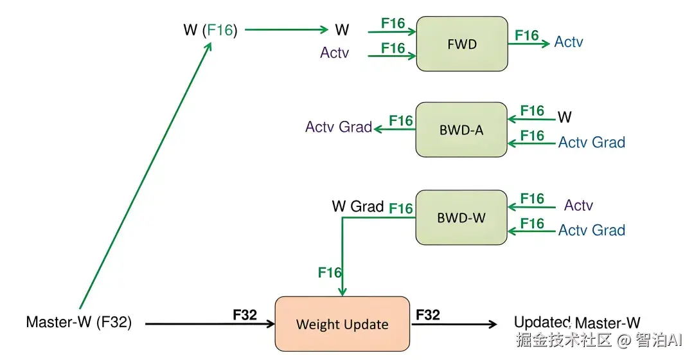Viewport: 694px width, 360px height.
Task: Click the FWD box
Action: [x=462, y=44]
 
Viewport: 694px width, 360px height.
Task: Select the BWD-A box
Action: [x=461, y=130]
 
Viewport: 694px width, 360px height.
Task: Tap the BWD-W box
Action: [x=461, y=217]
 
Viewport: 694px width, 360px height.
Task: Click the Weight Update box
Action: [x=342, y=324]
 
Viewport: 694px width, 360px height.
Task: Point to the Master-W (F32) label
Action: [x=79, y=322]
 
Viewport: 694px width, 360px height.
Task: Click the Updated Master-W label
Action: [x=577, y=322]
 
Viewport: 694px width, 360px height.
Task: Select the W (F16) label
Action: [x=210, y=30]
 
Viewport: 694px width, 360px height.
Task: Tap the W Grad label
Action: [x=358, y=206]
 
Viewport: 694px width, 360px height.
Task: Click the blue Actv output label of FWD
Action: [x=569, y=42]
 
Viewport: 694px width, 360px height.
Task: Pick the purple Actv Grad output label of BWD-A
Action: [x=339, y=127]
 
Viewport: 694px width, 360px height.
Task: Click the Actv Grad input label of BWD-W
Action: [x=592, y=230]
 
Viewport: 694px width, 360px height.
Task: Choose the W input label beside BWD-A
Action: [x=564, y=117]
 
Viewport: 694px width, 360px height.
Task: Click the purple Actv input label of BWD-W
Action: [x=578, y=205]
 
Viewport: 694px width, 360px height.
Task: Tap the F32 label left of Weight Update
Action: [x=245, y=315]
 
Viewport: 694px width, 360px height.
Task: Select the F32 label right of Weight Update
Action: [x=428, y=315]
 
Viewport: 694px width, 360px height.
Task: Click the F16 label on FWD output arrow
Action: [x=527, y=35]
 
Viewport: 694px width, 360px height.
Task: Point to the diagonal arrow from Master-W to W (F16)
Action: [x=145, y=175]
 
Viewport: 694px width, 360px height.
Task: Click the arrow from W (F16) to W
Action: [x=287, y=30]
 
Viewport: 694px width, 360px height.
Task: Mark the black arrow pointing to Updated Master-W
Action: [x=454, y=324]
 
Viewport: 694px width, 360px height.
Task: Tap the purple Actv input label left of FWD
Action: [x=335, y=53]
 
